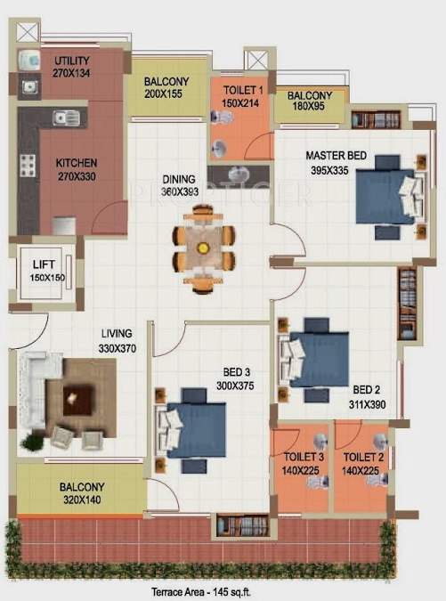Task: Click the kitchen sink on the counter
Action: tap(63, 117)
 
